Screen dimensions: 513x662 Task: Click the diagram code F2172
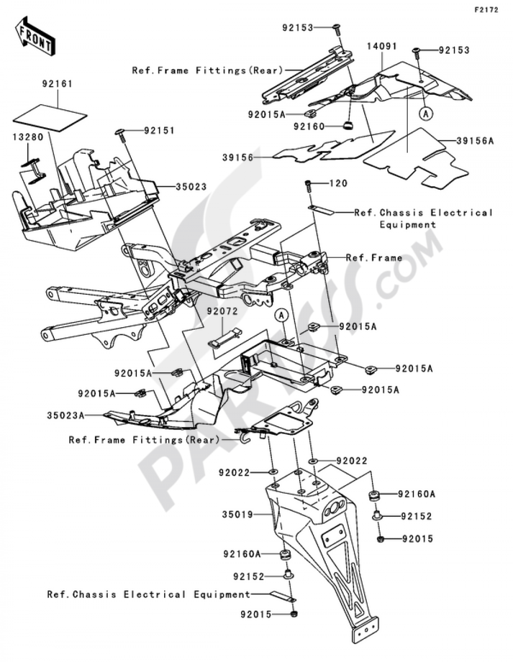(x=486, y=10)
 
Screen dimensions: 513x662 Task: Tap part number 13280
(x=28, y=137)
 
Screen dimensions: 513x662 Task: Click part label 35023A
(x=66, y=415)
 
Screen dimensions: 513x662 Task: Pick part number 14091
(x=382, y=46)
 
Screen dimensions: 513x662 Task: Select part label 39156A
(x=475, y=141)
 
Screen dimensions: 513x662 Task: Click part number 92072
(x=222, y=311)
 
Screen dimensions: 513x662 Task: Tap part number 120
(x=338, y=184)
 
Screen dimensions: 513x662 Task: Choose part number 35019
(x=238, y=514)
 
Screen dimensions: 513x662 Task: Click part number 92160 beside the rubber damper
(x=309, y=126)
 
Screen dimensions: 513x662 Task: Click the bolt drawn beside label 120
(x=308, y=186)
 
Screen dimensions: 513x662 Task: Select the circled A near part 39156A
(x=426, y=114)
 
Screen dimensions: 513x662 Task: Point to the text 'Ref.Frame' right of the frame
(x=374, y=258)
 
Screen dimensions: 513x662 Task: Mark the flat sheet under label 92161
(x=50, y=117)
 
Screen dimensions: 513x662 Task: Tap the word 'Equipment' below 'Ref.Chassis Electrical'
(x=408, y=225)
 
